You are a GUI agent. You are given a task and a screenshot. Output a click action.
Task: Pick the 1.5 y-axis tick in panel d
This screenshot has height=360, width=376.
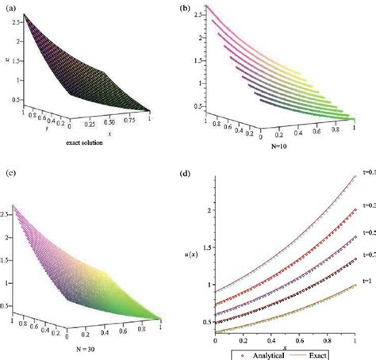coord(207,247)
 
